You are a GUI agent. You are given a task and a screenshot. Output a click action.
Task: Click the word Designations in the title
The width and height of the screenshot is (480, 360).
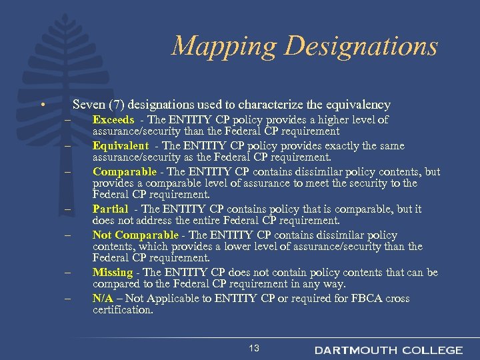point(361,47)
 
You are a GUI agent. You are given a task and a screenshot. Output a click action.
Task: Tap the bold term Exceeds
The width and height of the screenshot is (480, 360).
point(114,120)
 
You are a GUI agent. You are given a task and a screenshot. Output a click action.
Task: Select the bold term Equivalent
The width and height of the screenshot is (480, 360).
point(121,145)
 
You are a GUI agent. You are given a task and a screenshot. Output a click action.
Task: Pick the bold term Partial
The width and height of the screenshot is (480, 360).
point(110,209)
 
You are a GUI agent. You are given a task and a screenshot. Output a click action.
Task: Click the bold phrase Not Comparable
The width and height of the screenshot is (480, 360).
point(135,235)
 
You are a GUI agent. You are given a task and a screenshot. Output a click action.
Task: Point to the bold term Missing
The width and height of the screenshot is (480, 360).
point(113,272)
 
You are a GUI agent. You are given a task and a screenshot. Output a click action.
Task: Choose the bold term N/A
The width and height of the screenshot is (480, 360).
point(103,298)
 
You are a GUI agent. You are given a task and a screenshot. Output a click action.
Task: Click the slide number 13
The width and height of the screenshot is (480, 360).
point(253,349)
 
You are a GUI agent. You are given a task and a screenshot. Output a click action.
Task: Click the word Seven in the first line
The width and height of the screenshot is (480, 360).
point(87,105)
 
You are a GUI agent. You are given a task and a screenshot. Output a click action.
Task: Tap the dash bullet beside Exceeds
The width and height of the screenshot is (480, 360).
point(67,120)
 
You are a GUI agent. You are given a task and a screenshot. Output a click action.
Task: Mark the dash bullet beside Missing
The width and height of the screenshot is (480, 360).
point(67,273)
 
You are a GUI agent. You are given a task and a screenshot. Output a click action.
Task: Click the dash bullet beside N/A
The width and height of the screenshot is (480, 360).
point(67,298)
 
